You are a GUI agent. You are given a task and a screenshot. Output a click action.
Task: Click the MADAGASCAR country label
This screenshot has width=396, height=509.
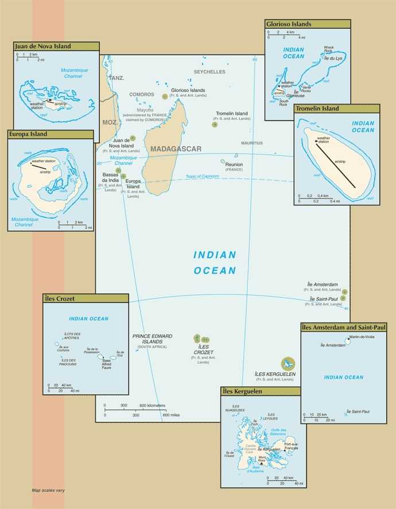[x=176, y=149]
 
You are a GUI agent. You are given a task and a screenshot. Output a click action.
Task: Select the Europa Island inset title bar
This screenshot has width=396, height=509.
[x=28, y=134]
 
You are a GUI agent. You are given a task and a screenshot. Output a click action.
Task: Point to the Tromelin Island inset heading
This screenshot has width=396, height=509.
[x=317, y=108]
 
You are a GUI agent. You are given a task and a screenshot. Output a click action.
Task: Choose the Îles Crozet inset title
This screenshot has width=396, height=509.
[x=60, y=298]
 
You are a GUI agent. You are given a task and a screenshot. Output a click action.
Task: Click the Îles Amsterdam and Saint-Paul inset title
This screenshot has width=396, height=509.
[x=343, y=327]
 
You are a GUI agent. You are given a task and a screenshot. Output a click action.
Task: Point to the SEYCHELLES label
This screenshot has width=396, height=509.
[x=209, y=72]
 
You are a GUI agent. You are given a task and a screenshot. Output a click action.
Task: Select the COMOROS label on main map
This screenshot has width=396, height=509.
[x=142, y=94]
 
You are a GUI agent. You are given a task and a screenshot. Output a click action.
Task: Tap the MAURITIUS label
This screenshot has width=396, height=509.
[x=251, y=143]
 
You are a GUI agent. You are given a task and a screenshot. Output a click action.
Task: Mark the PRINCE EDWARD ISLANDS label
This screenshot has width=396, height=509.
[x=152, y=339]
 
